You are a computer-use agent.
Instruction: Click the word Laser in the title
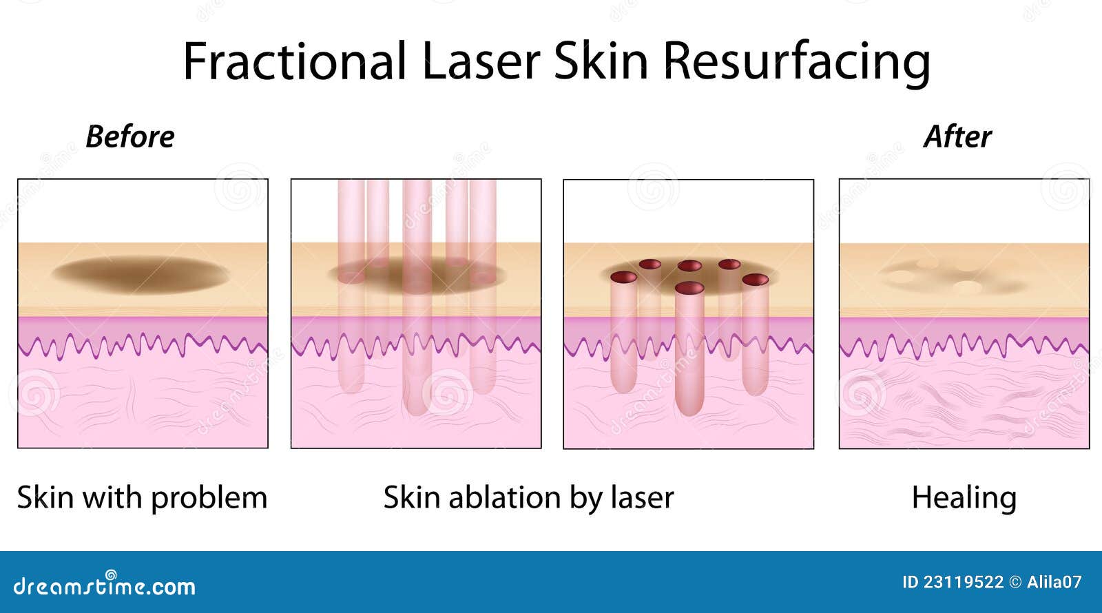[481, 61]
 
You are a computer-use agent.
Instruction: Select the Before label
[129, 136]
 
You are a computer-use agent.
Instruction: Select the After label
[957, 136]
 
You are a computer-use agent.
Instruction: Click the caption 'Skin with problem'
[142, 497]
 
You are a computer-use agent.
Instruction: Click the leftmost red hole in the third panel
[623, 278]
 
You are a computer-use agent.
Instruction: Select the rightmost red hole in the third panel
[756, 279]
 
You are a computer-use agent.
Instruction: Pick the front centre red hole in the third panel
[689, 288]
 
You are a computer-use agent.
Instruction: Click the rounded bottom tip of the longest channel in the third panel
[689, 410]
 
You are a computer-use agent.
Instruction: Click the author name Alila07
[1054, 582]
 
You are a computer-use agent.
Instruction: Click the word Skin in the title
[601, 61]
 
